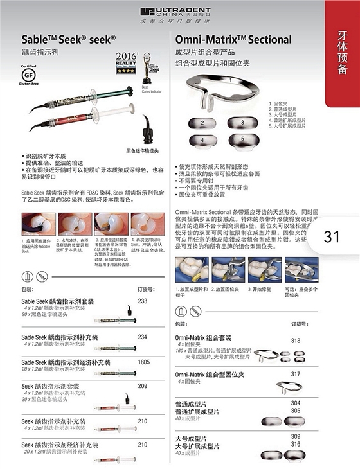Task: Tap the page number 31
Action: pos(332,236)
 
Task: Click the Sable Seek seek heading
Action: pos(69,39)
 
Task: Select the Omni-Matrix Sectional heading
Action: pos(233,39)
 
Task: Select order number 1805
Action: pos(144,362)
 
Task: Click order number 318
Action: pos(296,340)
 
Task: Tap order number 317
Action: pos(296,373)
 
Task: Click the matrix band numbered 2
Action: pos(203,123)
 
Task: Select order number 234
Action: pos(143,337)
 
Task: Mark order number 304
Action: pos(296,402)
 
